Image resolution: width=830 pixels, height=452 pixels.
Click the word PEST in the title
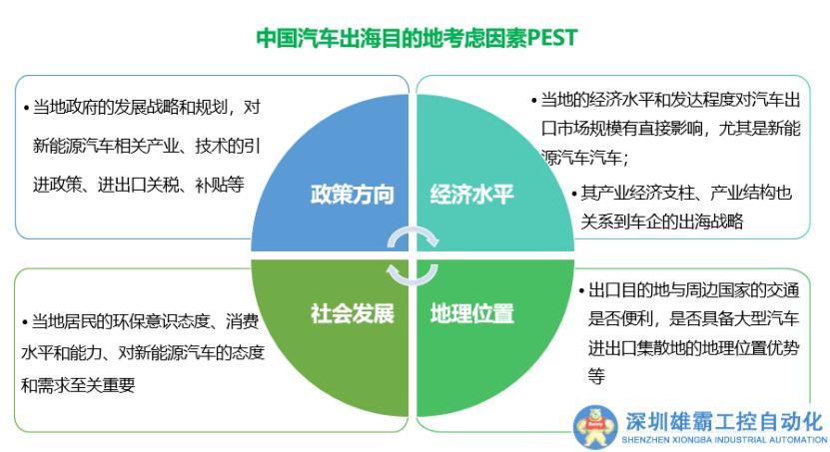(x=552, y=38)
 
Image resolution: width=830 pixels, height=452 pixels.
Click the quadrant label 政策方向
(x=352, y=195)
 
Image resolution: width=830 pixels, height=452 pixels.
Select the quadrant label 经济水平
(x=471, y=195)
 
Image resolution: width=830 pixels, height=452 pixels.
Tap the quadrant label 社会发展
(x=352, y=313)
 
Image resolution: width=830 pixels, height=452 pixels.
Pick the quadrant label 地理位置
(x=471, y=313)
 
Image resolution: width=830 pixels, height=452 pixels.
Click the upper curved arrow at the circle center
(x=413, y=231)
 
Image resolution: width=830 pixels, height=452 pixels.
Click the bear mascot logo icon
(x=595, y=427)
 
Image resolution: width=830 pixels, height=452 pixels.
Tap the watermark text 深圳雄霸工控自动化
(x=723, y=422)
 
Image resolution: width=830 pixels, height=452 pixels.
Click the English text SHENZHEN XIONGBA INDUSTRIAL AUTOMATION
(x=724, y=440)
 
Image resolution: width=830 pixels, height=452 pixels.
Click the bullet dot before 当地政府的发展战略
(x=26, y=109)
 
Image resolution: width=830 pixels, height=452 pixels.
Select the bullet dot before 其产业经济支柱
(x=574, y=194)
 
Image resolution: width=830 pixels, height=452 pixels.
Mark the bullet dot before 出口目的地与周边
(x=581, y=291)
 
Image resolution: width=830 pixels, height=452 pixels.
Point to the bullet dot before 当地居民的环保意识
(x=25, y=322)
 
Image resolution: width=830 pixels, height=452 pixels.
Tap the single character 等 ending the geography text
(x=596, y=376)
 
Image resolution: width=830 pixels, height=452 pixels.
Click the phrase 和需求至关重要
(x=78, y=385)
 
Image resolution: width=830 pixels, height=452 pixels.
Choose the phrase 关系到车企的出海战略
(x=661, y=221)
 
